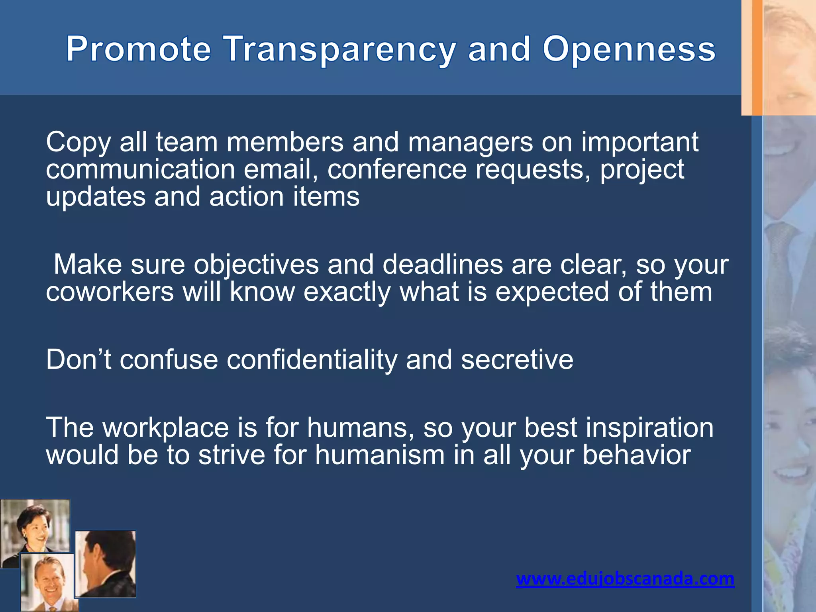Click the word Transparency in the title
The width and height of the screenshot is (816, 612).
tap(339, 49)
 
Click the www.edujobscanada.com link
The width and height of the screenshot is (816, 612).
tap(625, 578)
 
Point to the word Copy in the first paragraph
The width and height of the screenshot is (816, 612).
tap(78, 143)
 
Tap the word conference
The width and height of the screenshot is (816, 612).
tap(397, 170)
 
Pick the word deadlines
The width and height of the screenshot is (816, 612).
tap(442, 265)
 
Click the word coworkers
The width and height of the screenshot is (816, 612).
tap(110, 292)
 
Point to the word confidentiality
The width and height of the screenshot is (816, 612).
tap(312, 359)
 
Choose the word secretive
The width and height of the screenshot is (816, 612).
tap(517, 359)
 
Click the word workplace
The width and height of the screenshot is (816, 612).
tap(166, 428)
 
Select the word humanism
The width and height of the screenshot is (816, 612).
tap(379, 455)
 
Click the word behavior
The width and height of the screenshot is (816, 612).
tap(637, 455)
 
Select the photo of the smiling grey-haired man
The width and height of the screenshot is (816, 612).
tap(47, 582)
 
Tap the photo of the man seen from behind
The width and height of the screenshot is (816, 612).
tap(105, 563)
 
